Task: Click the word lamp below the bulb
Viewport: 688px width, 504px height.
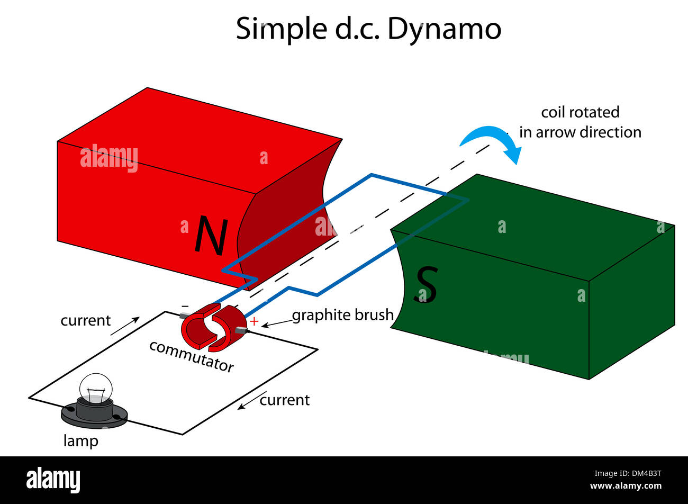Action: pos(80,440)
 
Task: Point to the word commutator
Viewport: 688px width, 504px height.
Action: pos(191,356)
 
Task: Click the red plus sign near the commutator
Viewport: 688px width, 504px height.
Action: pos(254,321)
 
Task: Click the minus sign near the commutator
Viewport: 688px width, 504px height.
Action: pos(185,306)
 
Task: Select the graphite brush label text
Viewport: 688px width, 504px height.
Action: pos(343,315)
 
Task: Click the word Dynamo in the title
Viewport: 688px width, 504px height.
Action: pos(444,29)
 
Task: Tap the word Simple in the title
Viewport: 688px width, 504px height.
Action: pos(282,29)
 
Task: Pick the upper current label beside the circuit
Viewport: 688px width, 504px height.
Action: pos(86,320)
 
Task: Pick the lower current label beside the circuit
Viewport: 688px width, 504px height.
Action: pos(284,400)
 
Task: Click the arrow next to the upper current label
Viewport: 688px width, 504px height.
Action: pos(125,326)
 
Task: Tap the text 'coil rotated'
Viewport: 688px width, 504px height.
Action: pos(580,112)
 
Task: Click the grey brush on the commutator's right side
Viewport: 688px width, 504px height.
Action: pos(241,330)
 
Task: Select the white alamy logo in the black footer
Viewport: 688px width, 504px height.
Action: pos(53,480)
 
